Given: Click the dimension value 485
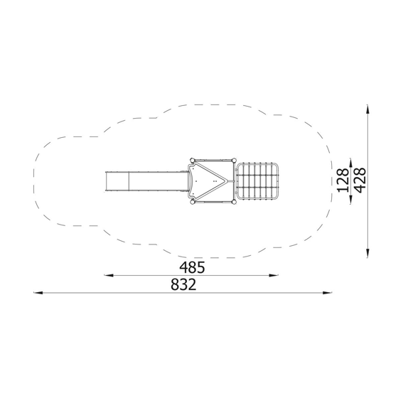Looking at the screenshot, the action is coord(192,267).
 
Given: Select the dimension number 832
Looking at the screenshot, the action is coord(183,284).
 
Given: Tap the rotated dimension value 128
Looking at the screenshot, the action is coord(343,181).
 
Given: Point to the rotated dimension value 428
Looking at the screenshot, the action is coord(360,181).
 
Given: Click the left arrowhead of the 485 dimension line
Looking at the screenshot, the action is coord(109,276).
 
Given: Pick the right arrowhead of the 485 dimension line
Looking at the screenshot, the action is coord(274,276).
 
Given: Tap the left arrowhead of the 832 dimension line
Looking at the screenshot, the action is coord(38,293).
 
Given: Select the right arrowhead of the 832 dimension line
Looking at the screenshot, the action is coord(327,293).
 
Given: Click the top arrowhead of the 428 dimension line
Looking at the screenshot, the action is coord(367,109).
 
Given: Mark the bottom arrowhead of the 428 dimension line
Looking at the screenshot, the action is coord(367,253).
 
